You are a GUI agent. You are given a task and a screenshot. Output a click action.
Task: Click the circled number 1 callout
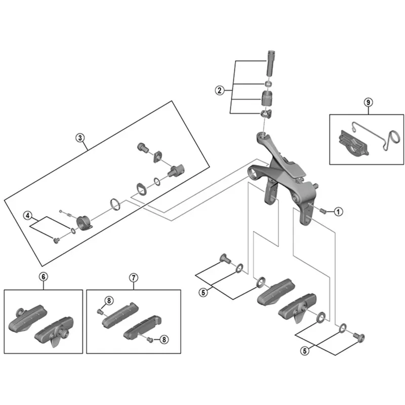pyautogui.click(x=338, y=212)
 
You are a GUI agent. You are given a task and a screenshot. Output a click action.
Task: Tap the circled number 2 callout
pyautogui.click(x=219, y=91)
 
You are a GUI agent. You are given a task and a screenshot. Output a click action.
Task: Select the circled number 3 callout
pyautogui.click(x=80, y=137)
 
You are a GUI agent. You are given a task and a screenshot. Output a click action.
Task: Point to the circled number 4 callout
pyautogui.click(x=29, y=217)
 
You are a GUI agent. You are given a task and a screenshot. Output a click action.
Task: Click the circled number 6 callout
pyautogui.click(x=43, y=277)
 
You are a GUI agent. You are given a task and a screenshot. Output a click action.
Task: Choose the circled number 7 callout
pyautogui.click(x=133, y=277)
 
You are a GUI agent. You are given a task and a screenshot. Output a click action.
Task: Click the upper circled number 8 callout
pyautogui.click(x=108, y=301)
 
